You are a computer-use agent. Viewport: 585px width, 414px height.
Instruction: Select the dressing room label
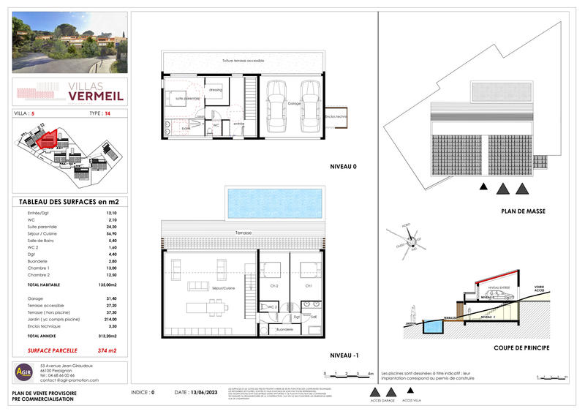tap(216, 90)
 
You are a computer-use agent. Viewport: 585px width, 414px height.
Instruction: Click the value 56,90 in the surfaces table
tap(112, 233)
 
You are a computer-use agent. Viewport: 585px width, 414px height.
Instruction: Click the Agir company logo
tap(24, 372)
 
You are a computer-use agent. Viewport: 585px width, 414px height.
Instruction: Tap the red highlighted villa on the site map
tap(48, 138)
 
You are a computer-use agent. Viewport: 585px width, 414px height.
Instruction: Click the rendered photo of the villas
tap(70, 42)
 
